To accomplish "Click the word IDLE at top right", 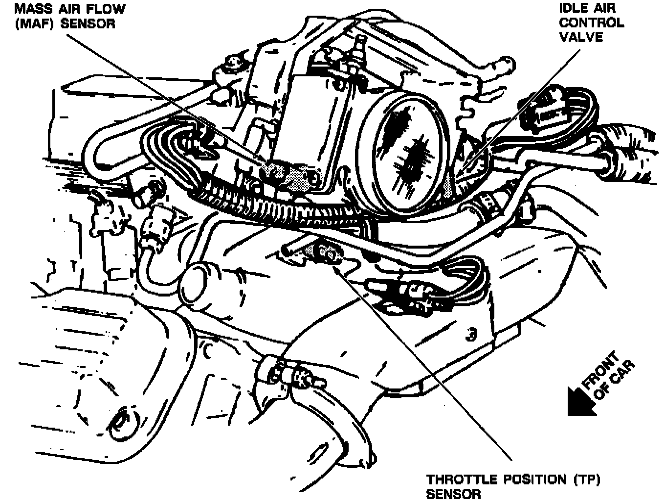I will [x=575, y=8].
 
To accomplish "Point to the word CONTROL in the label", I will [x=592, y=23].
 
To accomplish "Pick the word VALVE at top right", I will [x=581, y=37].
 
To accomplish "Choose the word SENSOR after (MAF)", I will [x=88, y=24].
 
